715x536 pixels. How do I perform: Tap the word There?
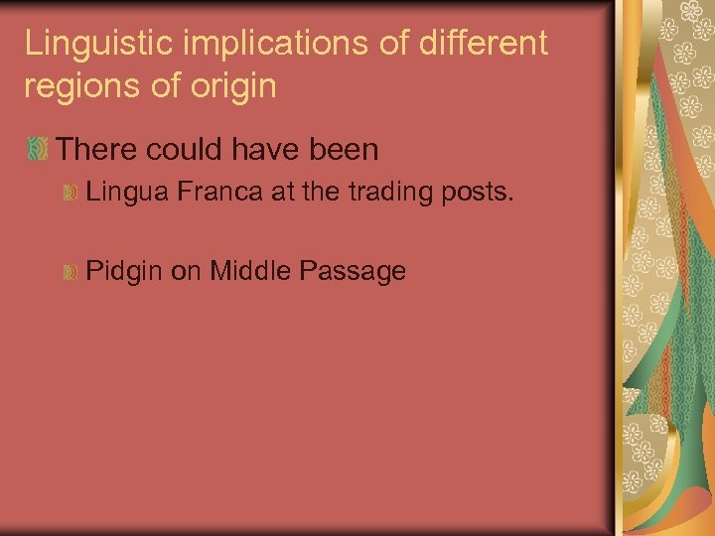click(96, 150)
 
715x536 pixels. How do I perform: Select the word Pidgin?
click(124, 271)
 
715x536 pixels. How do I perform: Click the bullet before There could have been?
click(38, 150)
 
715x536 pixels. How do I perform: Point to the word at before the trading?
click(282, 192)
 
